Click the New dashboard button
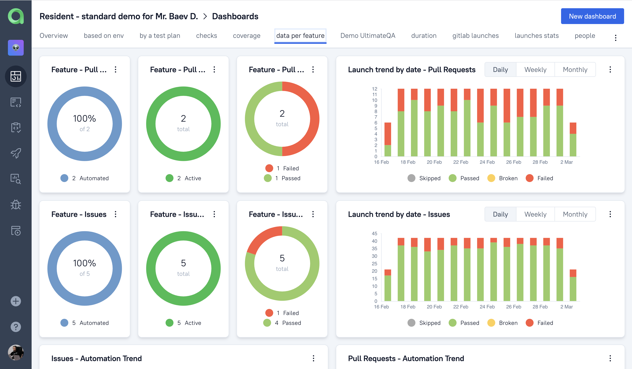point(592,16)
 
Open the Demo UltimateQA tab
point(368,36)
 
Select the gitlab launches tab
point(475,36)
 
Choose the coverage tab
point(247,36)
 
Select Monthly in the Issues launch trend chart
point(575,214)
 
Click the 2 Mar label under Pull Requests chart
point(566,162)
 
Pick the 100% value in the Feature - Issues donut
point(85,263)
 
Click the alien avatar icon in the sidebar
point(16,48)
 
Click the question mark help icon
point(16,327)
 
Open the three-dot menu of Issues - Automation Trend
point(313,358)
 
